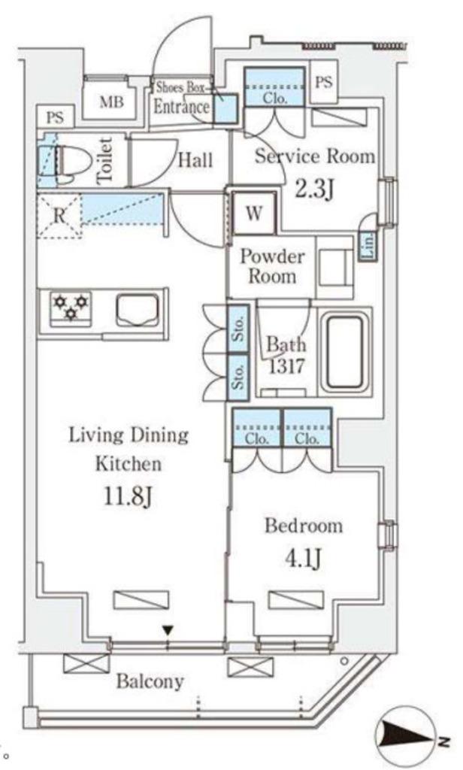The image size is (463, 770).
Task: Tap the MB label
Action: [x=111, y=102]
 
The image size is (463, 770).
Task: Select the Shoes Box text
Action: [x=180, y=88]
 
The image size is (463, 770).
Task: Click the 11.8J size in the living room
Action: [x=129, y=496]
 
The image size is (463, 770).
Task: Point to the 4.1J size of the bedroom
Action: [x=304, y=558]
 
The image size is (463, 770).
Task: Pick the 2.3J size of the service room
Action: [x=314, y=188]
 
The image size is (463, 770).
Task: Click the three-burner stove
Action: [x=71, y=308]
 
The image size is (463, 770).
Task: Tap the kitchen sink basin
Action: [x=138, y=311]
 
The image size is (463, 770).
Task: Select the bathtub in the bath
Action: [x=345, y=352]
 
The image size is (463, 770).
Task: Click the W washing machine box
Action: [x=254, y=213]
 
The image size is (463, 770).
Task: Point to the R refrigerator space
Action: [x=59, y=216]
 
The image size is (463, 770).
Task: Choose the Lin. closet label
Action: [x=368, y=244]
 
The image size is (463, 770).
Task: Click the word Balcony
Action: [x=150, y=681]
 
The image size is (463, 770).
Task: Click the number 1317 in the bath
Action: [x=286, y=365]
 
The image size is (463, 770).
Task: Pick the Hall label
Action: [x=195, y=160]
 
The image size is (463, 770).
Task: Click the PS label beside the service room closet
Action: [x=323, y=82]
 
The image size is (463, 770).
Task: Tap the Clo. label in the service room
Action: [x=274, y=99]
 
